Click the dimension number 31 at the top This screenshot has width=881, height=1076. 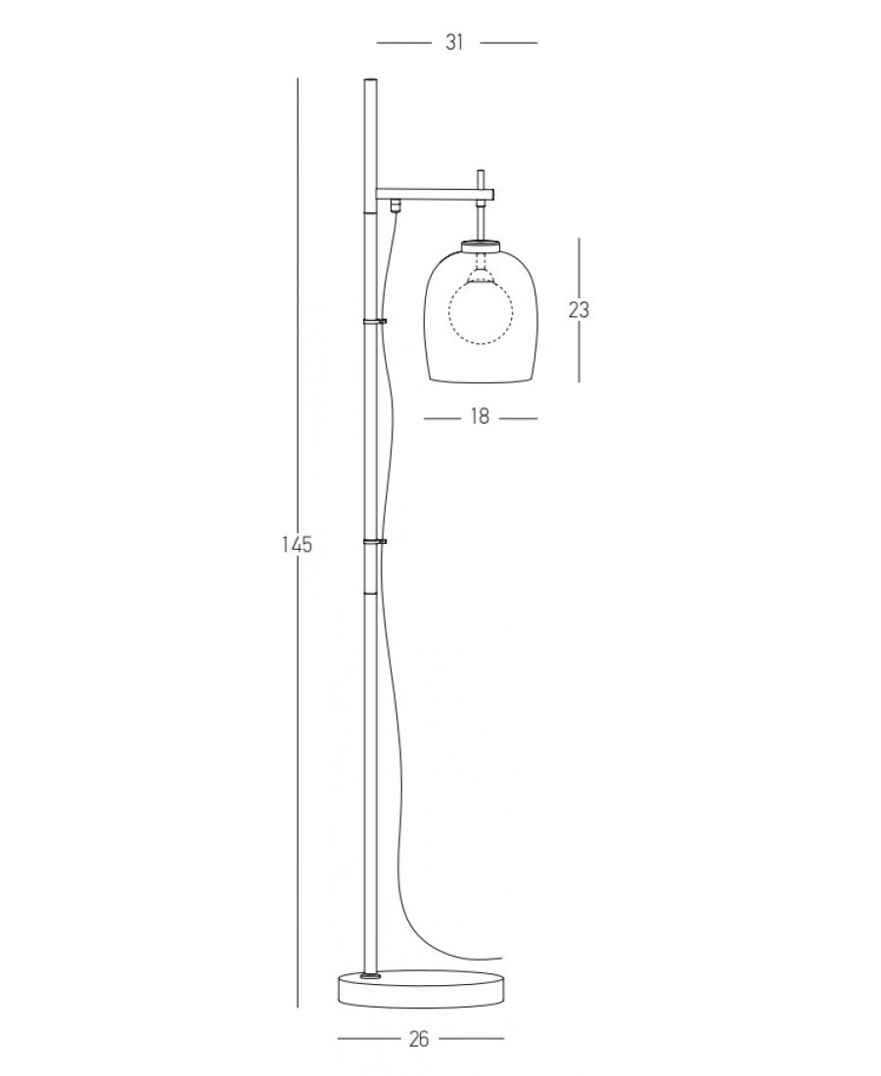coord(454,42)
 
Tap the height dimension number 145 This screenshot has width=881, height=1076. coord(298,544)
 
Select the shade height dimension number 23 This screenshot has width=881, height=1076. coord(579,310)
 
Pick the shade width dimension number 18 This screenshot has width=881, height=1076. coord(480,417)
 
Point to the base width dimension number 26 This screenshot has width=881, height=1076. coord(418,1039)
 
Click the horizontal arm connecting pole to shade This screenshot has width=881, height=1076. coord(435,195)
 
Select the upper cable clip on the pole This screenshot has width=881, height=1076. coord(374,321)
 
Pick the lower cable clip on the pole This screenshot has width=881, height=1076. coord(374,542)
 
